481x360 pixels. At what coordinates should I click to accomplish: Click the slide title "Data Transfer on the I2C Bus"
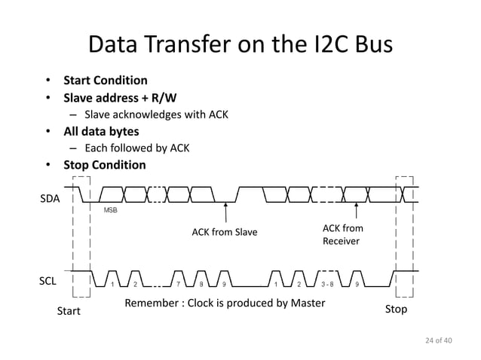coord(240,44)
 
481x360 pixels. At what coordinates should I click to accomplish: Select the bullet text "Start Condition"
coord(105,81)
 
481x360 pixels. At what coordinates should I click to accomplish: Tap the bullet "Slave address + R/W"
coord(120,98)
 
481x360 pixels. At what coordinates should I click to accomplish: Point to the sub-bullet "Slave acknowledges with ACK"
coord(156,115)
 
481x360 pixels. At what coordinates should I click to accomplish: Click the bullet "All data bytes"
coord(100,132)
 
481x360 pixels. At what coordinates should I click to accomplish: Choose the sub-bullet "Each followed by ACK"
coord(136,148)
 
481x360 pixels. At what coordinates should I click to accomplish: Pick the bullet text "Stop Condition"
coord(104,165)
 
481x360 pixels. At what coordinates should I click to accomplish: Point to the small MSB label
coord(110,210)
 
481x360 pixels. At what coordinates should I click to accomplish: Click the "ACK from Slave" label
coord(224,232)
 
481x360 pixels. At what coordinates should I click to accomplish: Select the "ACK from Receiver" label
coord(343,234)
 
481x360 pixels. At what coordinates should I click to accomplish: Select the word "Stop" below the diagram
coord(396,310)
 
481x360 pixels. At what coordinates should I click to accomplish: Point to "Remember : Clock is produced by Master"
coord(225,304)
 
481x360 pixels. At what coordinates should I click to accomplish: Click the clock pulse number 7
coord(179,284)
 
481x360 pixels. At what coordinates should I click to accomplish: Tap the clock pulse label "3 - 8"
coord(328,284)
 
